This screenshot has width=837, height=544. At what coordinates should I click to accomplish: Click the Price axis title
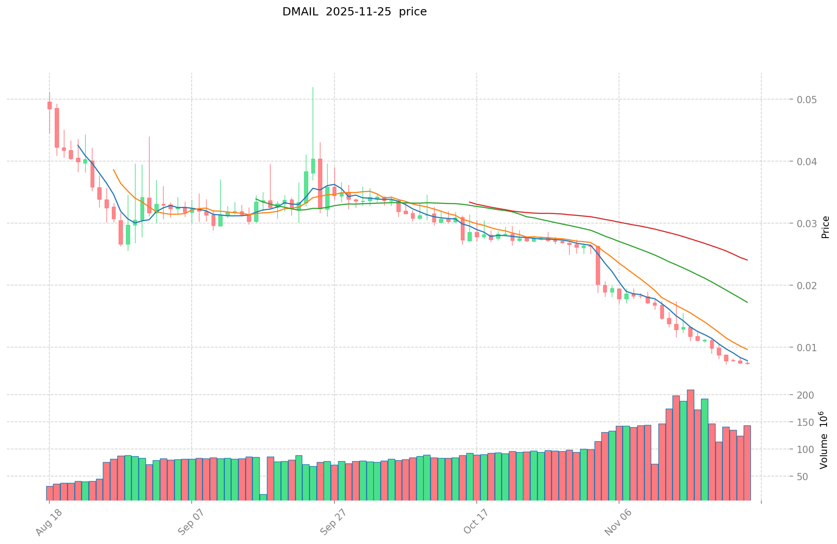pos(825,227)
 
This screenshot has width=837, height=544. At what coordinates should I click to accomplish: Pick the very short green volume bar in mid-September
pos(263,497)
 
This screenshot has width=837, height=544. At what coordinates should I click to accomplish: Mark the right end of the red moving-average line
pos(747,260)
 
